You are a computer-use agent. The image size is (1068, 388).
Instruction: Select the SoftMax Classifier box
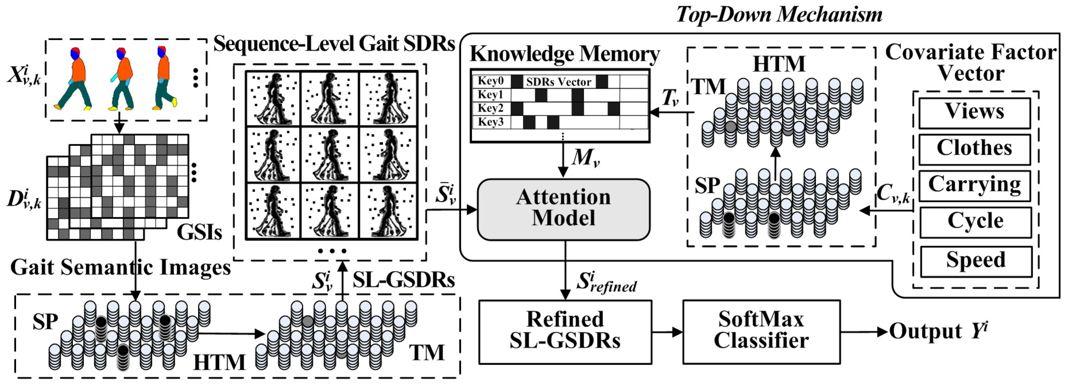coord(761,332)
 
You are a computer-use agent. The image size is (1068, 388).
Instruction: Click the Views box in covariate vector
coord(974,112)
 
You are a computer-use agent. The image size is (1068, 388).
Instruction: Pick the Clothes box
coord(974,149)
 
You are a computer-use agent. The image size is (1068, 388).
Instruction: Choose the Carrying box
coord(974,185)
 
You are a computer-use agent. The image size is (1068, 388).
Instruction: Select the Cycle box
coord(975,222)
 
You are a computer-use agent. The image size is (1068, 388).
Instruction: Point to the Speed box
coord(976,261)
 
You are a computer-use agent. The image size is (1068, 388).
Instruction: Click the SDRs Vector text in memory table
coord(559,82)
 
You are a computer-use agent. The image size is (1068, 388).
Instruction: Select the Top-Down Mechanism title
coord(779,15)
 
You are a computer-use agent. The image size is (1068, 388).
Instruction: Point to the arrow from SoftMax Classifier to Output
coord(865,332)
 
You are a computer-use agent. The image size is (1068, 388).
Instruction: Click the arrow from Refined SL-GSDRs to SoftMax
coord(667,332)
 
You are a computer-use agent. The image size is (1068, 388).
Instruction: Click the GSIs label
coord(199,233)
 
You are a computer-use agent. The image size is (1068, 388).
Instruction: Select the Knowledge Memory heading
coord(564,54)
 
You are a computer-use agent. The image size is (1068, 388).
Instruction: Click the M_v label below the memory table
coord(585,158)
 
